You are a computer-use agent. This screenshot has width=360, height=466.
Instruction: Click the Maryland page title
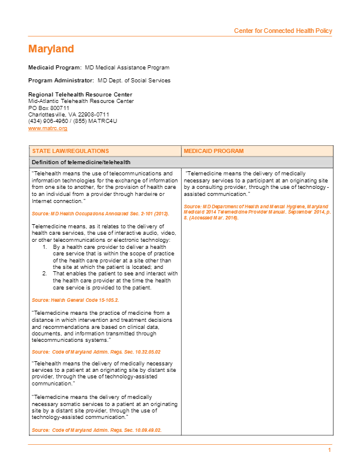click(x=51, y=49)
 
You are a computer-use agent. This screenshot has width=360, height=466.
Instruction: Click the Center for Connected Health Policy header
click(x=283, y=31)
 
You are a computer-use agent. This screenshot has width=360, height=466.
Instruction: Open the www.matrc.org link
click(x=48, y=128)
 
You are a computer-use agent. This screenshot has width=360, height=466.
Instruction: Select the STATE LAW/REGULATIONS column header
click(x=71, y=151)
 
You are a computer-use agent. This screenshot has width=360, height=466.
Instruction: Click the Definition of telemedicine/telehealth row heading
click(x=81, y=162)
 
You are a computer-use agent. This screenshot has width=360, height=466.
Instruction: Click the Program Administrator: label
click(x=61, y=81)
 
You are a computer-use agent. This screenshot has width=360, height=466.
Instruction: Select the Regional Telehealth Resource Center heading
click(x=80, y=95)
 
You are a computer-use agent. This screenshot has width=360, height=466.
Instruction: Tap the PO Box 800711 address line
click(x=49, y=108)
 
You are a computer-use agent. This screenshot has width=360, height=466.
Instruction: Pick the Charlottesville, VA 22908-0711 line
click(x=69, y=114)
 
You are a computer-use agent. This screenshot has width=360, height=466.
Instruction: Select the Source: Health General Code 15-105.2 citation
click(x=75, y=300)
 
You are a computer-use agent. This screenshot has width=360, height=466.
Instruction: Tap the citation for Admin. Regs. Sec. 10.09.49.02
click(x=96, y=430)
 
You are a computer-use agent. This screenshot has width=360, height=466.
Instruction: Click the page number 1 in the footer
click(x=330, y=450)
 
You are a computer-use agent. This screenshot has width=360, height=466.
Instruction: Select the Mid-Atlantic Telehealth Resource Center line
click(x=81, y=101)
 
